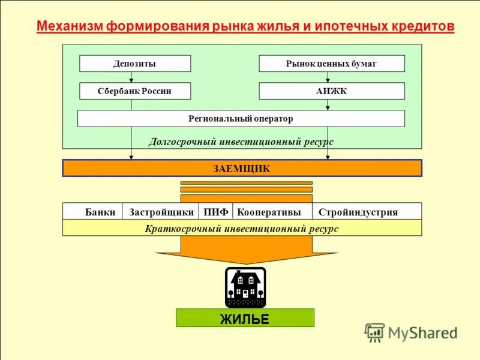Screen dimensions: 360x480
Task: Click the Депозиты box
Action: click(x=135, y=64)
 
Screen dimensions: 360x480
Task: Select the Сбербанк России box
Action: click(x=135, y=91)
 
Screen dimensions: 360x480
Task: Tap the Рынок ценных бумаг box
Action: click(x=331, y=64)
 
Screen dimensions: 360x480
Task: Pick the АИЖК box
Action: click(x=331, y=91)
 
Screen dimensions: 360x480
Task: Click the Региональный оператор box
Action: click(x=241, y=119)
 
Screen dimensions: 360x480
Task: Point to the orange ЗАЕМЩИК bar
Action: click(x=242, y=168)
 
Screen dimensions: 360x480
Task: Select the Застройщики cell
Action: click(x=161, y=211)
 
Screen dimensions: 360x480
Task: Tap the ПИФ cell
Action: click(x=215, y=211)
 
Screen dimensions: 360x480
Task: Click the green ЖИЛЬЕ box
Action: click(x=245, y=318)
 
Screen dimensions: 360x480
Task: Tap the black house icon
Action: click(x=245, y=287)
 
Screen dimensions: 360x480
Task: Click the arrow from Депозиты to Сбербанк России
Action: click(x=131, y=77)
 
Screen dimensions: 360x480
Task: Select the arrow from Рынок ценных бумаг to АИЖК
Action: click(x=328, y=77)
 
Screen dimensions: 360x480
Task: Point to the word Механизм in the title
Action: click(x=70, y=27)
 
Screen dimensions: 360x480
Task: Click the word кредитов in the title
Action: click(x=420, y=27)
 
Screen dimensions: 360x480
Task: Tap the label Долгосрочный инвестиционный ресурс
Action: click(x=241, y=142)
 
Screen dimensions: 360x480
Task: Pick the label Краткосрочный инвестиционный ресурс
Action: click(x=242, y=229)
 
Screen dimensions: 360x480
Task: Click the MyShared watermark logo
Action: click(x=411, y=332)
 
